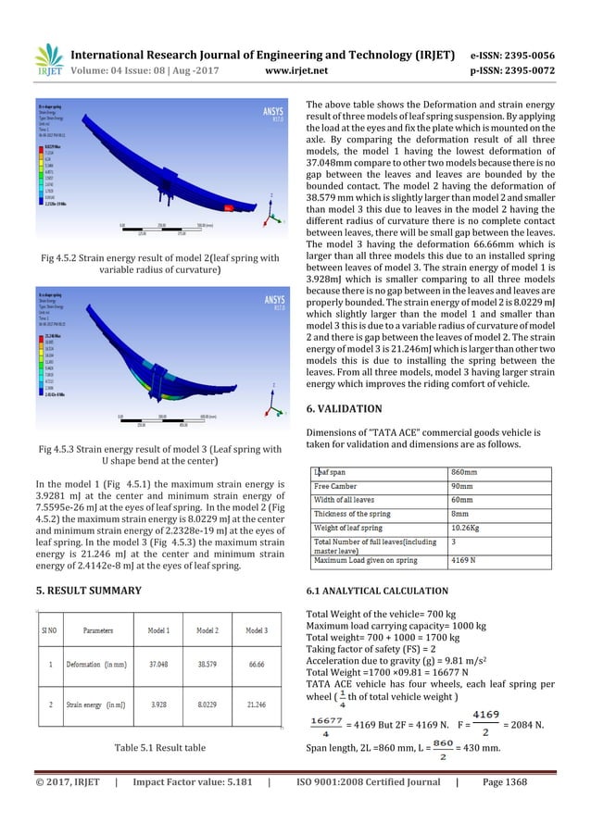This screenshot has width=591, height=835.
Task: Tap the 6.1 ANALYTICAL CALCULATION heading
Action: [377, 590]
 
